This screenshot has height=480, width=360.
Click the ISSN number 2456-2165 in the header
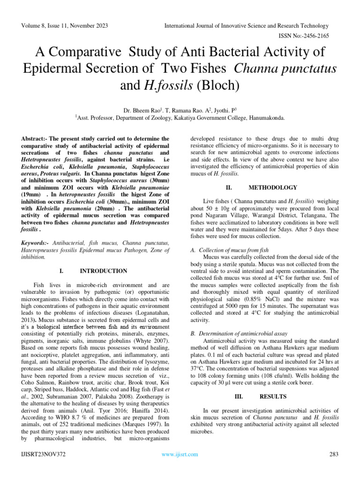click(320, 36)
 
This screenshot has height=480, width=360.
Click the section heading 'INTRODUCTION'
click(103, 271)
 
